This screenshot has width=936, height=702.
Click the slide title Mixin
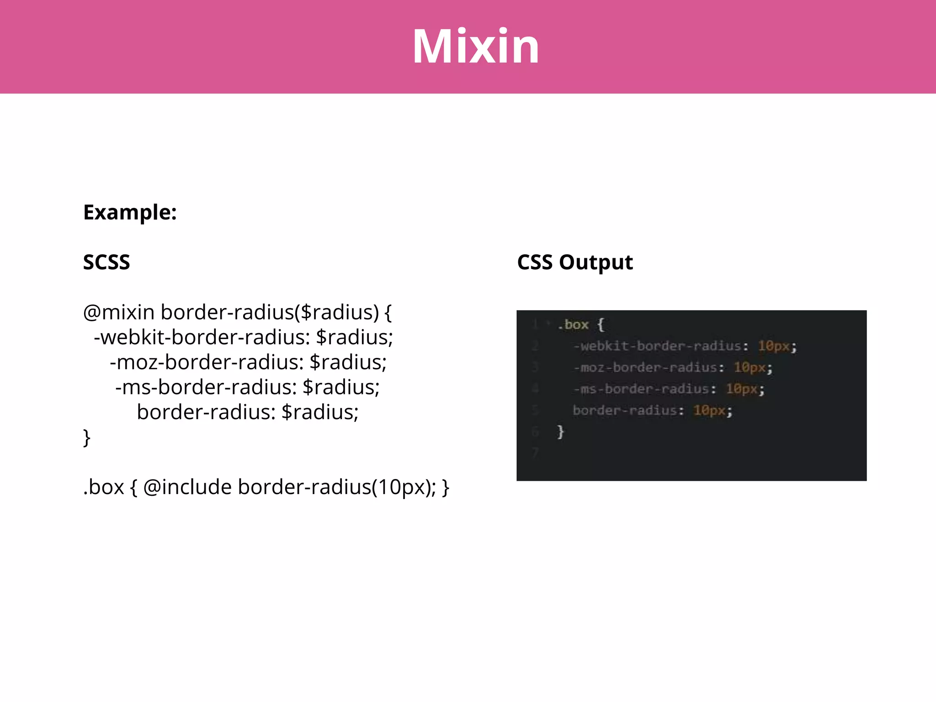click(476, 47)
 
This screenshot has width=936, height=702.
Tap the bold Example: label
click(130, 213)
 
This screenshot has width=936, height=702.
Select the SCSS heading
click(106, 262)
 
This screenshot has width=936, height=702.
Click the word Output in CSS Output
click(596, 262)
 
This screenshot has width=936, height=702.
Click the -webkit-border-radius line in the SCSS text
click(243, 338)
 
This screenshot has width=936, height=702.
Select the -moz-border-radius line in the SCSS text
click(248, 362)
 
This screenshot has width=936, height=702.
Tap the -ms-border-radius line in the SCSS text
click(247, 388)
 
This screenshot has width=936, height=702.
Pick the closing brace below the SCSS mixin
click(87, 437)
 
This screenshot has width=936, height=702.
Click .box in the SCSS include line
click(104, 487)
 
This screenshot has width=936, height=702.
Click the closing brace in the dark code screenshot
click(561, 431)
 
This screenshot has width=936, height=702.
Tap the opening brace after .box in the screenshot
click(601, 325)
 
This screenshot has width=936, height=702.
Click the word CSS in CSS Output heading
click(535, 262)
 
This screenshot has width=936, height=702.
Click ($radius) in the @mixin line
click(337, 313)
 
